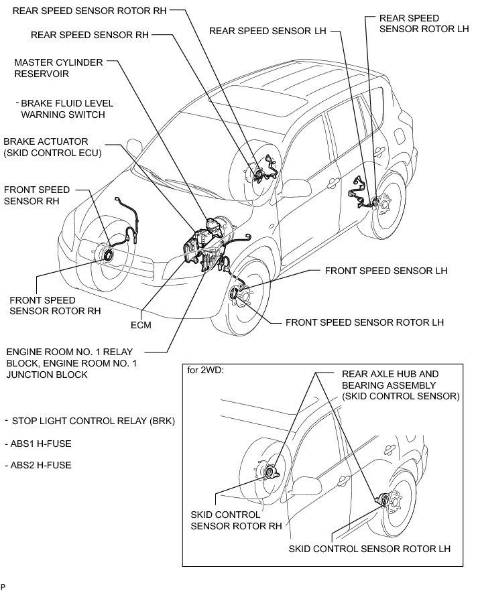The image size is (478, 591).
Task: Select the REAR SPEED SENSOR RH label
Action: [x=91, y=34]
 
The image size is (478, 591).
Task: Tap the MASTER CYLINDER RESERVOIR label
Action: [x=58, y=68]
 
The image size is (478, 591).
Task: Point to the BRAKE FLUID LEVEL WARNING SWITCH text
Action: [x=66, y=109]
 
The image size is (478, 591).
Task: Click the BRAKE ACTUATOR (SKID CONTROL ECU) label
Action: [x=52, y=147]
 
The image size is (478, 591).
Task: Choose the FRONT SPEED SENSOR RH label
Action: [x=36, y=196]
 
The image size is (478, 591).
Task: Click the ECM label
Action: [x=141, y=326]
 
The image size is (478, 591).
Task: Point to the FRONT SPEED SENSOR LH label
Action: [x=385, y=271]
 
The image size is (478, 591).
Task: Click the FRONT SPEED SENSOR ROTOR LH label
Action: [x=365, y=322]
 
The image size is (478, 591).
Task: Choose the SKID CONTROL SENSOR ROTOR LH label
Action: [x=369, y=548]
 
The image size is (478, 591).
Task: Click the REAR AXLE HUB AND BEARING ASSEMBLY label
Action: [x=400, y=385]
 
